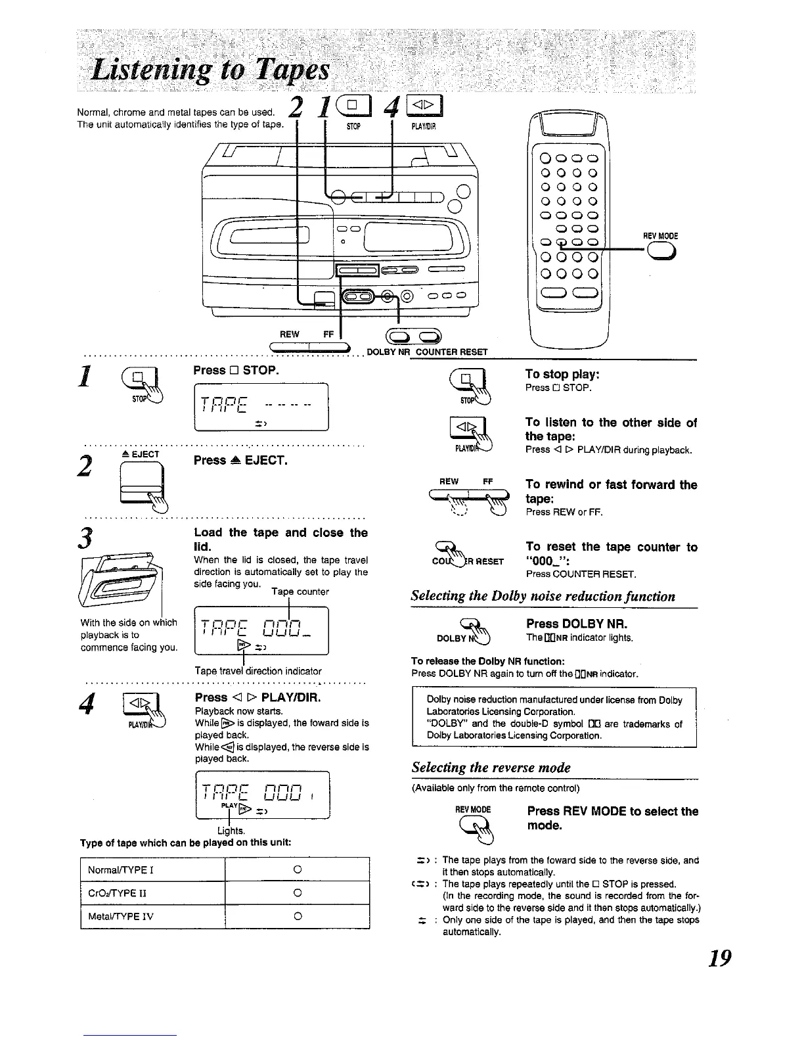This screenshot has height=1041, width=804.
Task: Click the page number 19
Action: [716, 958]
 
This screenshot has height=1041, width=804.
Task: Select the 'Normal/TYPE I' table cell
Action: [152, 870]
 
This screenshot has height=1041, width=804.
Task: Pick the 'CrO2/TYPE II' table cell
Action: [152, 893]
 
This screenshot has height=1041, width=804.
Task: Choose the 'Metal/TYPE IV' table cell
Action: [152, 916]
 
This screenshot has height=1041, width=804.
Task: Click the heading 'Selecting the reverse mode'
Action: [491, 768]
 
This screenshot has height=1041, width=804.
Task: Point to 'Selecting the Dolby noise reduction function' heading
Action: [543, 597]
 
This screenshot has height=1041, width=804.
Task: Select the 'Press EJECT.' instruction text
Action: [242, 460]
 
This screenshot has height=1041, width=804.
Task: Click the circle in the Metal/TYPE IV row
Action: [297, 916]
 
